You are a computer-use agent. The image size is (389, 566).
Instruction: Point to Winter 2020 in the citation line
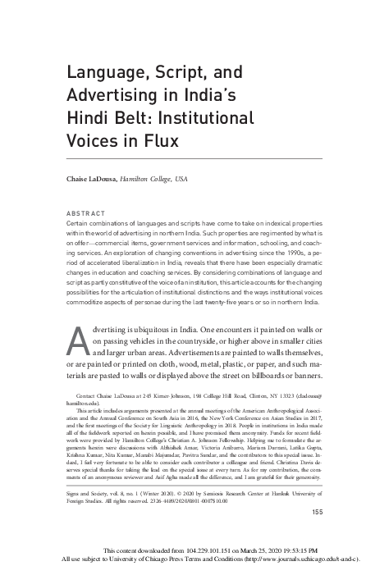tap(167, 491)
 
